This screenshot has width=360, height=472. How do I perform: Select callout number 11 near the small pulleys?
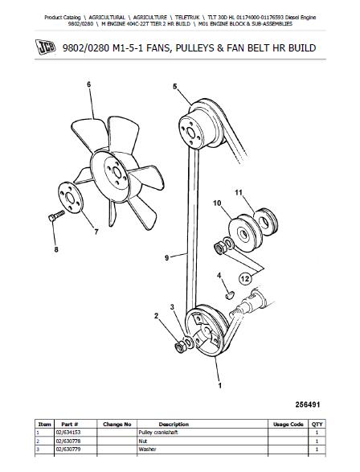(x=238, y=193)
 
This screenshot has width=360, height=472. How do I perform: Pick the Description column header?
(x=174, y=423)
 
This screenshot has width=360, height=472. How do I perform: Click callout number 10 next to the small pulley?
(x=215, y=203)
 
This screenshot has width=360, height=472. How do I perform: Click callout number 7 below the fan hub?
(x=96, y=233)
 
